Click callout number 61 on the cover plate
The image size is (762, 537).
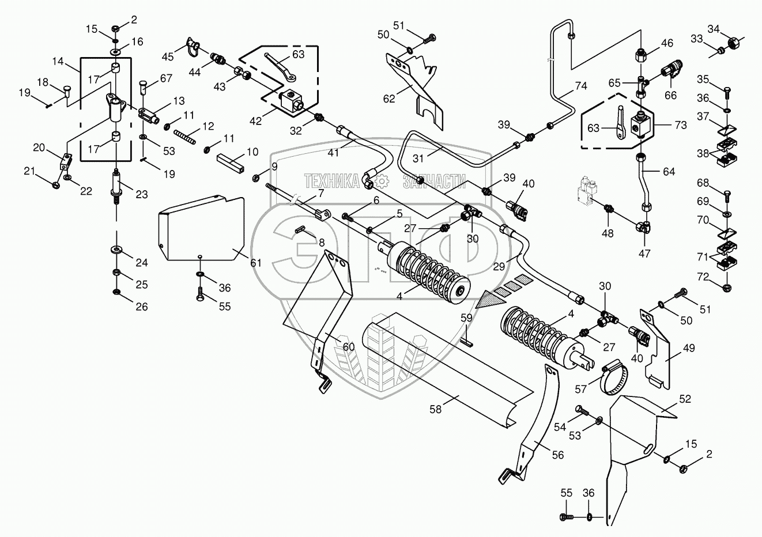pyautogui.click(x=256, y=263)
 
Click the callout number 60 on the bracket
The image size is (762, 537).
pyautogui.click(x=348, y=346)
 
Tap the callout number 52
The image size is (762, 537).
pyautogui.click(x=684, y=399)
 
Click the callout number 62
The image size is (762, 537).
pyautogui.click(x=390, y=98)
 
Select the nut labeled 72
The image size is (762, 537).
pyautogui.click(x=726, y=286)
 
